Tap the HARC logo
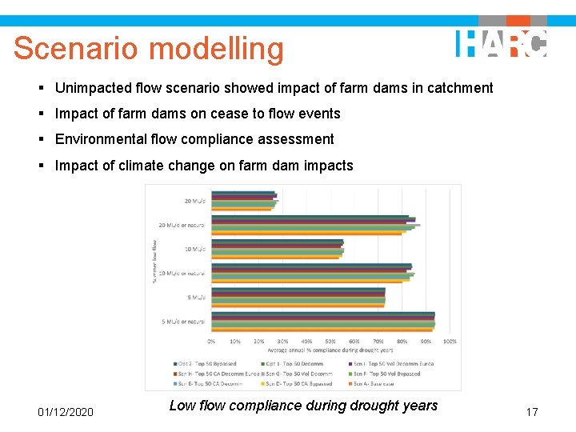point(501,43)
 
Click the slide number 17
point(531,412)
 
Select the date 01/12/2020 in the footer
point(66,412)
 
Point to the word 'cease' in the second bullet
point(229,114)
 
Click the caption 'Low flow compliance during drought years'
point(303,406)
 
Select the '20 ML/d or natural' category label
point(182,225)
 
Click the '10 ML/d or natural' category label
point(182,274)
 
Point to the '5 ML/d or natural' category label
point(183,322)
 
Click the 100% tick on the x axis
point(450,342)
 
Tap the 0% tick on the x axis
point(211,342)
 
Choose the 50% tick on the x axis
point(330,342)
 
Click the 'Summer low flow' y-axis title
point(155,260)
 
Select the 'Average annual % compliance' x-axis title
point(330,350)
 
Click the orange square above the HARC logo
point(518,20)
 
